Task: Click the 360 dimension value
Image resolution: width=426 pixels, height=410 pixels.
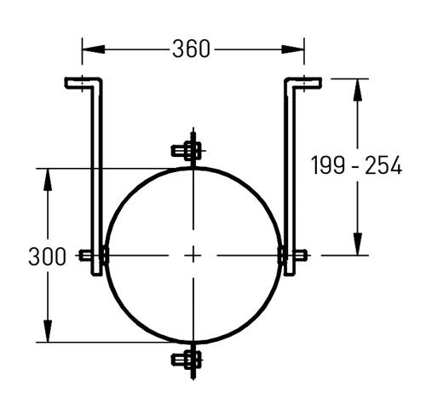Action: tap(191, 49)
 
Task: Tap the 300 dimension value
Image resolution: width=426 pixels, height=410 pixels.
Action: tap(47, 257)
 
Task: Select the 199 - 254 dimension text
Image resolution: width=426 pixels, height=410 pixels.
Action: tap(357, 165)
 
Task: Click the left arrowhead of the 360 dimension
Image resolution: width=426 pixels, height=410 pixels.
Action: tap(94, 49)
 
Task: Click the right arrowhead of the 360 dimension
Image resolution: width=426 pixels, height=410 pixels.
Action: tap(293, 49)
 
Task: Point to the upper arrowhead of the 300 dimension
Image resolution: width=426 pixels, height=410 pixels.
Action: tap(48, 180)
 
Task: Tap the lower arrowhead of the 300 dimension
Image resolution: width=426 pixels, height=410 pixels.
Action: tap(48, 331)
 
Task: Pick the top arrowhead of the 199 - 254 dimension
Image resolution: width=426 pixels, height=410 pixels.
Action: tap(358, 90)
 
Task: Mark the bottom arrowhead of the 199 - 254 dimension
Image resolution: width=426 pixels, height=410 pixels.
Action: tap(358, 244)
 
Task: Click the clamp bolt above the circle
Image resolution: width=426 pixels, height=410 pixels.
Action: tap(187, 150)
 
